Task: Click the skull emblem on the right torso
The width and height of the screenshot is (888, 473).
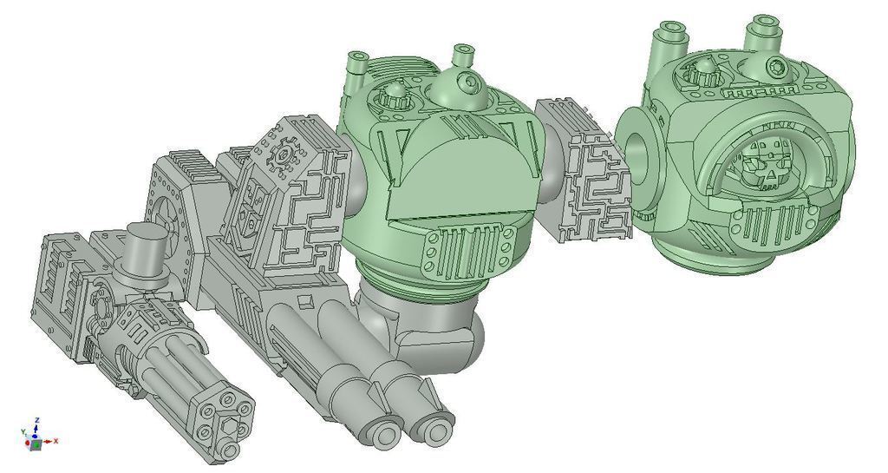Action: pyautogui.click(x=764, y=163)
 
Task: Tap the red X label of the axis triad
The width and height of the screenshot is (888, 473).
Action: pyautogui.click(x=55, y=441)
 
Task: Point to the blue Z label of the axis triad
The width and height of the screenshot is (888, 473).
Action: pyautogui.click(x=36, y=420)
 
